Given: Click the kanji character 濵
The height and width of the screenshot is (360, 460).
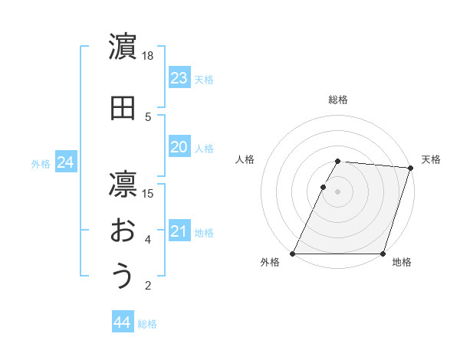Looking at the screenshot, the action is (123, 47).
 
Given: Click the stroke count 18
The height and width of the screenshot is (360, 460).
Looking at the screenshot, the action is (148, 56).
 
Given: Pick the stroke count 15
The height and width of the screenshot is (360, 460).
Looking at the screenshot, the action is (148, 193).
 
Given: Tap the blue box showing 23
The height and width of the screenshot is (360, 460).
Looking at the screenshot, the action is (179, 78).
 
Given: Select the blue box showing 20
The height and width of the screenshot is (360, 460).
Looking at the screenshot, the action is (179, 147).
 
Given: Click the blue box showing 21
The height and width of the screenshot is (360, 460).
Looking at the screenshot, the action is (179, 231).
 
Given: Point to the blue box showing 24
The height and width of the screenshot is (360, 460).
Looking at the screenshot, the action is (66, 162).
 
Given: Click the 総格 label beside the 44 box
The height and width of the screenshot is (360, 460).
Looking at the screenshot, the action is (147, 324).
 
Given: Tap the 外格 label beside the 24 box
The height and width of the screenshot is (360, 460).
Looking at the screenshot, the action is (41, 164).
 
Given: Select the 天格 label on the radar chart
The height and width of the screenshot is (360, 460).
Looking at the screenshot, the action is (431, 159).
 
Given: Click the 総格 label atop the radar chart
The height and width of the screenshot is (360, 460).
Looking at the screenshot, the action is (338, 100).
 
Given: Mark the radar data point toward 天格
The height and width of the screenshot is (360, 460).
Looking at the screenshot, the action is (411, 168).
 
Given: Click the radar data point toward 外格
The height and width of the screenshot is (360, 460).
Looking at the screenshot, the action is (293, 254).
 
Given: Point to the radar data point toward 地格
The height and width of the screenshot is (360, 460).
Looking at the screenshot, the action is (383, 254).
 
